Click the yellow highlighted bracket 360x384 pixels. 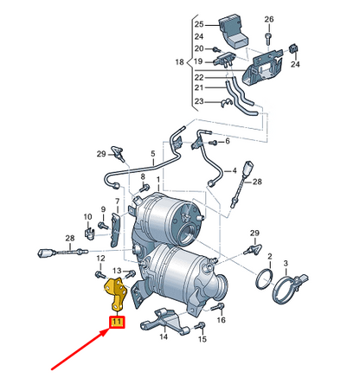[x=116, y=293]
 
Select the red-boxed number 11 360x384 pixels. [x=117, y=322]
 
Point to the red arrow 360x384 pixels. [x=80, y=349]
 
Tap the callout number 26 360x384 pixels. [x=269, y=19]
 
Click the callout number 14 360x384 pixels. [x=164, y=336]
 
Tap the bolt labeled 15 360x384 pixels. [x=200, y=326]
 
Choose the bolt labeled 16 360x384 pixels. [x=217, y=307]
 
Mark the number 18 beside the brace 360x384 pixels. [x=179, y=61]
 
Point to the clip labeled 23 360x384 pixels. [x=227, y=103]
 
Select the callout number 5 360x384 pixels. [x=153, y=154]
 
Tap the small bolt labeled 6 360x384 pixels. [x=214, y=142]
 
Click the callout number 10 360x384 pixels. [x=87, y=216]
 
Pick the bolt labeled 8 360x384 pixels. [x=144, y=189]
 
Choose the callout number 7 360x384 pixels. [x=117, y=201]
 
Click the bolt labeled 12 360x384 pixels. [x=100, y=274]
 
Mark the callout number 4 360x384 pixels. [x=235, y=170]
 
